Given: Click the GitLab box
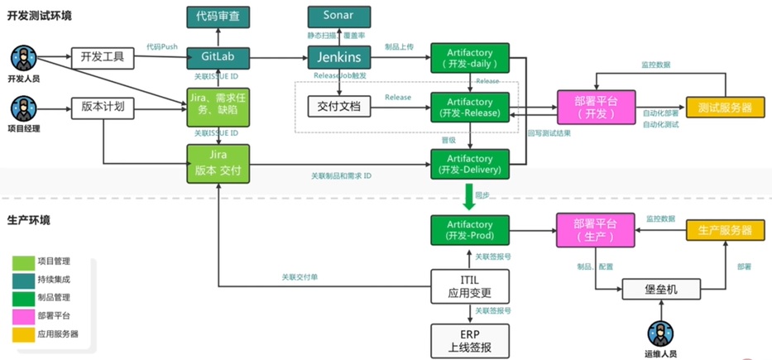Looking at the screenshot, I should point(218,58).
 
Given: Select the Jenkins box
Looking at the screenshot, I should point(338,58).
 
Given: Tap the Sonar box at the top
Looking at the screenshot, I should point(338,16).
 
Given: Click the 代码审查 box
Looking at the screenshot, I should point(218,16).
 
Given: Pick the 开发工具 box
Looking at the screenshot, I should point(103,58).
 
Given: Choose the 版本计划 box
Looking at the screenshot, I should point(103,107).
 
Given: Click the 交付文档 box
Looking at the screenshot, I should point(338,107).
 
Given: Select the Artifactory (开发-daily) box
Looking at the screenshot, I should point(470,58).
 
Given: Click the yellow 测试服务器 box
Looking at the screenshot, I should point(725,108).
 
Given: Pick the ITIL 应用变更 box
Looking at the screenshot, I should point(469,286).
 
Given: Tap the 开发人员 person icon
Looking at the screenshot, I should point(22,60).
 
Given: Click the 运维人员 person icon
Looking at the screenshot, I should point(659,334).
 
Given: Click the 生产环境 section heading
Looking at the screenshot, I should point(28,220).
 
